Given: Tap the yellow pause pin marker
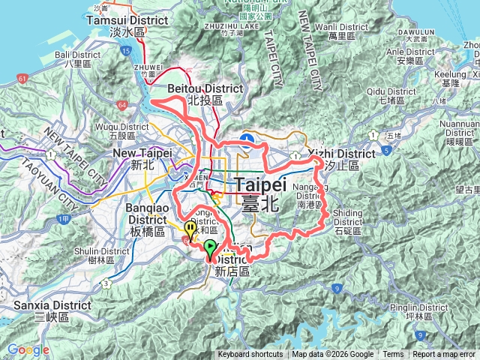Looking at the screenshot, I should [190, 229].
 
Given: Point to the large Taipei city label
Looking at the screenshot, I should [261, 190].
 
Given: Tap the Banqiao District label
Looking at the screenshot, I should [147, 214].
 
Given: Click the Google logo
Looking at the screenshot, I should [28, 349].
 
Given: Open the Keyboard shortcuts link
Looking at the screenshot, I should [250, 355].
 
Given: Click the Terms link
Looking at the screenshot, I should [393, 355].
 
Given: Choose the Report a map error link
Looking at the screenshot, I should [445, 355].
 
